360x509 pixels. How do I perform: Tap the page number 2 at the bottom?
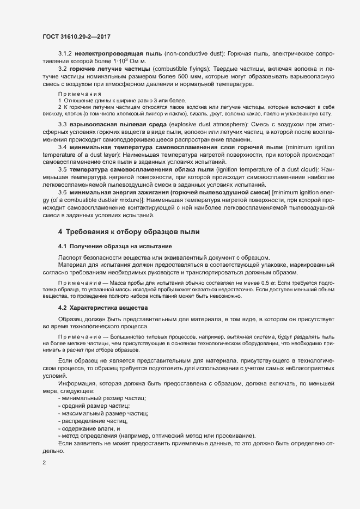coord(44,463)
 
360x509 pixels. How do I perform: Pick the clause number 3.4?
coord(62,148)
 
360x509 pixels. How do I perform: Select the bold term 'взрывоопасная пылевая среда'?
coord(117,125)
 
